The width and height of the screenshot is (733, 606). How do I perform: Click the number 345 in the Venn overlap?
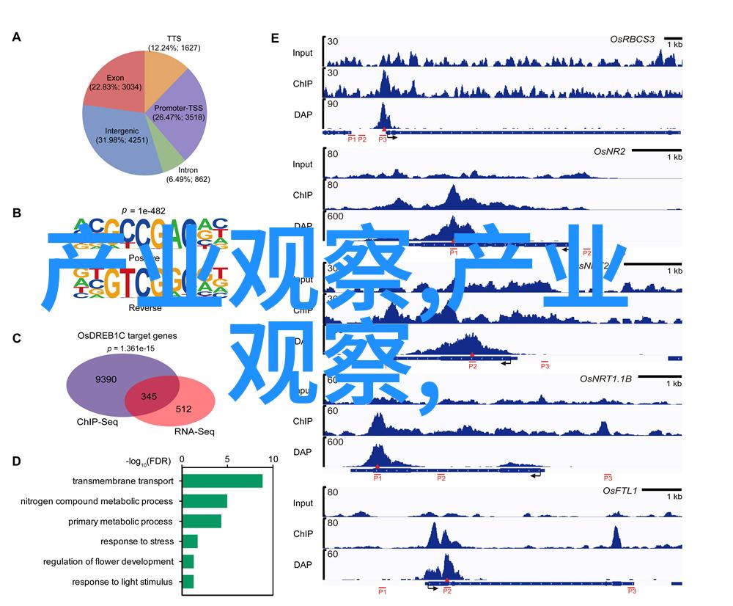pos(149,397)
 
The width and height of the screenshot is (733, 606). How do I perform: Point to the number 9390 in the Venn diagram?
pos(106,379)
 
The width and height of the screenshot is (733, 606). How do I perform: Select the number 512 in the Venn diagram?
pos(183,409)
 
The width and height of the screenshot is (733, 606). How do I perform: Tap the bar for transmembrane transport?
pos(222,481)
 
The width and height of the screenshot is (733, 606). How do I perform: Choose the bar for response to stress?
pos(190,541)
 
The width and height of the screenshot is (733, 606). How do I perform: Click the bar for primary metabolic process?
pos(202,521)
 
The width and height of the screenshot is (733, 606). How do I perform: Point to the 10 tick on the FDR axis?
pos(273,459)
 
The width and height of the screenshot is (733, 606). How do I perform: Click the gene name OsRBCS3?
pos(633,38)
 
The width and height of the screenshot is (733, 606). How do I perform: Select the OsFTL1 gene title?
pos(620,490)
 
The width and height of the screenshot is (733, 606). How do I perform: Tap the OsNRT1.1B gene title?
pos(605,379)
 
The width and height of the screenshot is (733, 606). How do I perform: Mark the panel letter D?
pos(16,461)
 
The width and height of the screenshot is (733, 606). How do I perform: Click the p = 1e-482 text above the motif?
pos(144,209)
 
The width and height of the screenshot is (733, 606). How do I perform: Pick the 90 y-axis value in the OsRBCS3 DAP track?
pos(332,105)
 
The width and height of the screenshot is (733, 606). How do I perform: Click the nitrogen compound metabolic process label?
pos(97,502)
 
